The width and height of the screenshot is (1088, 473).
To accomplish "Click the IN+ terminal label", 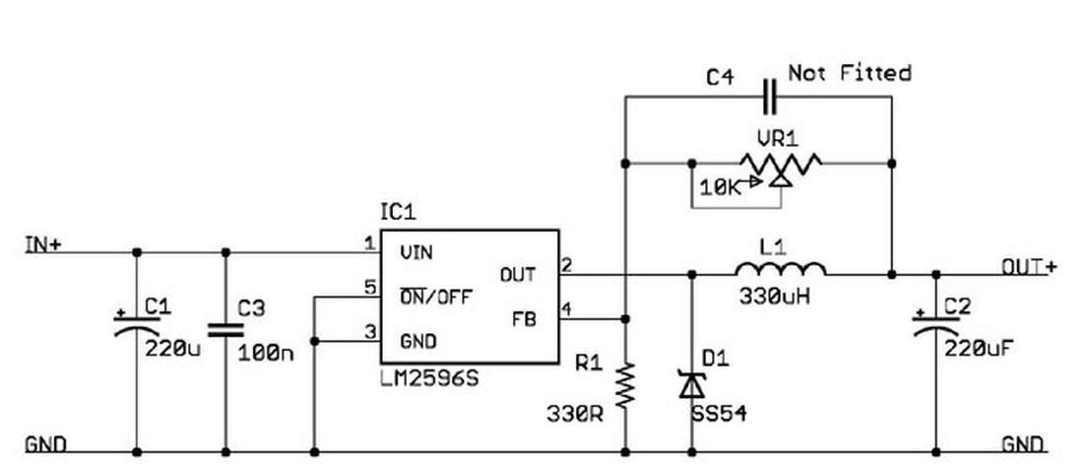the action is click(43, 244).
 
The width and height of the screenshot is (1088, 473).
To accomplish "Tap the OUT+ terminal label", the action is click(1029, 267).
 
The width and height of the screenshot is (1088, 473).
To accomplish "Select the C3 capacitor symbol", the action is click(225, 329).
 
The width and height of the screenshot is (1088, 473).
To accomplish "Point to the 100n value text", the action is click(266, 353).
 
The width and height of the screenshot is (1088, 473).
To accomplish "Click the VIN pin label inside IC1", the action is click(416, 252).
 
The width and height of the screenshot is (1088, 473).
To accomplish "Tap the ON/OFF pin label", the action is click(436, 298).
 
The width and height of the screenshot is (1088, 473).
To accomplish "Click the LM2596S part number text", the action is click(429, 379).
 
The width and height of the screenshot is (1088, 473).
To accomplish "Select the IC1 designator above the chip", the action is click(399, 212).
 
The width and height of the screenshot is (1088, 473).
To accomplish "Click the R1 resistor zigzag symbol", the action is click(625, 384).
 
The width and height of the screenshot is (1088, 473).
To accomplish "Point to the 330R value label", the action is click(575, 415).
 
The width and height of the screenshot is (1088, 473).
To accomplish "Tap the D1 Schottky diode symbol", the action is click(692, 384).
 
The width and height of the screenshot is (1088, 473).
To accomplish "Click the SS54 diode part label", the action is click(719, 414).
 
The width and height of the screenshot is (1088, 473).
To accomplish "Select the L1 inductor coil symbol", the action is click(781, 268).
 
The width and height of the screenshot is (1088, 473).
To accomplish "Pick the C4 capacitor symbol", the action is click(770, 97).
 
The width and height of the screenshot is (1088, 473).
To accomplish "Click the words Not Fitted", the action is click(850, 72).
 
